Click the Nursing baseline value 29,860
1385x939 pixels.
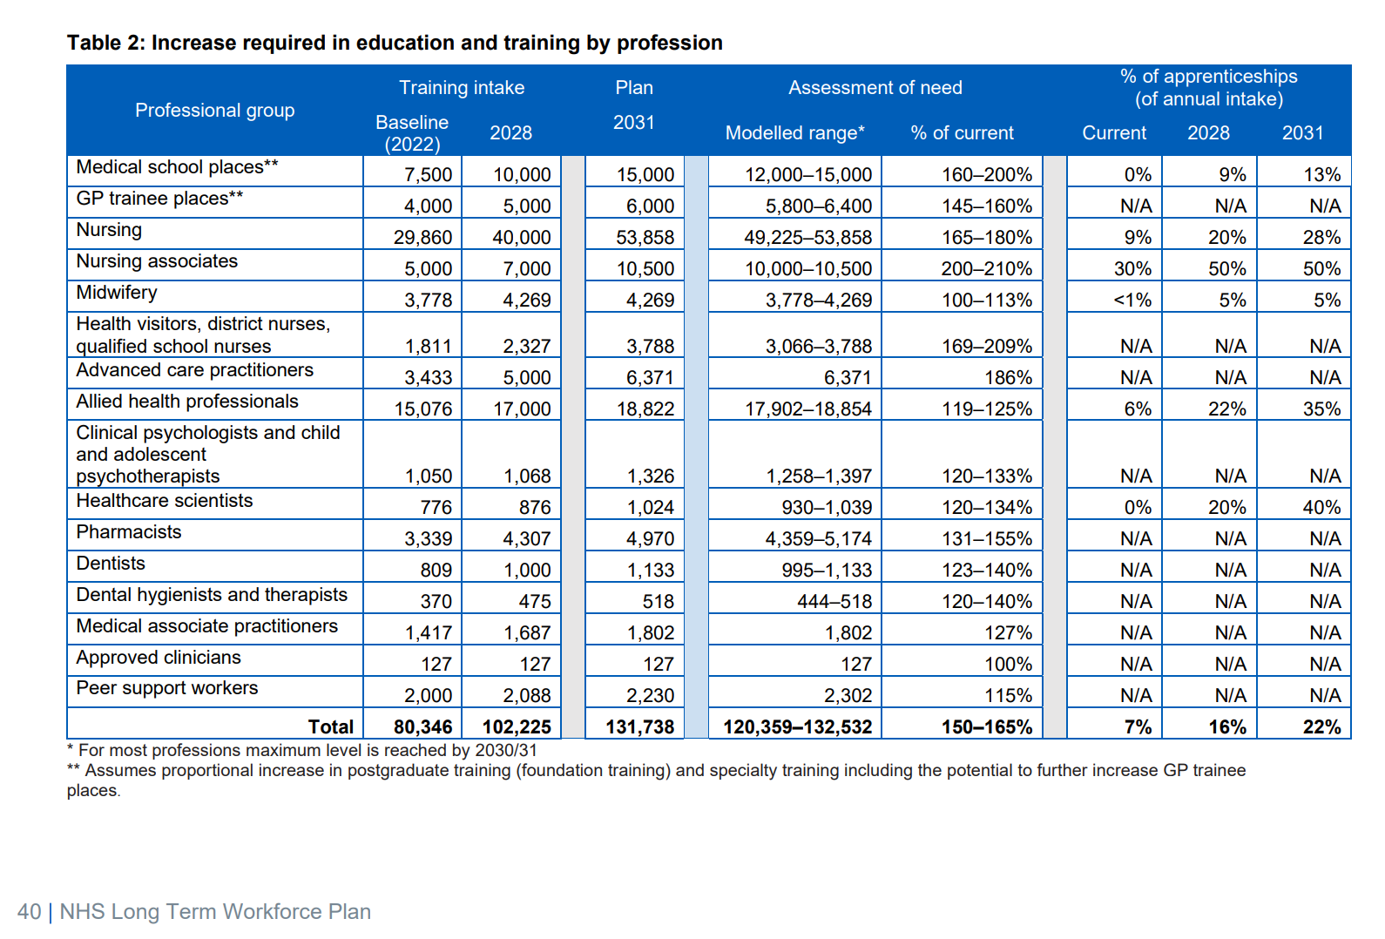(x=422, y=237)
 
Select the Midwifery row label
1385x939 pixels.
(x=117, y=293)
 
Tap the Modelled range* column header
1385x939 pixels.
(x=794, y=133)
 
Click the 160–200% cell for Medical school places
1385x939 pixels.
(x=986, y=175)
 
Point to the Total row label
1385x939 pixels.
(x=330, y=727)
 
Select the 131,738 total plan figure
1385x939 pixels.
(x=639, y=727)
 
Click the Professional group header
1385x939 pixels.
(x=214, y=111)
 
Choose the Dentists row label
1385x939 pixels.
(x=111, y=564)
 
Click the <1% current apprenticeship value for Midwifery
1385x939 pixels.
(x=1132, y=301)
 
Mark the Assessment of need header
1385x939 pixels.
(x=875, y=88)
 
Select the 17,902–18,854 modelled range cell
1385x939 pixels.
(x=807, y=409)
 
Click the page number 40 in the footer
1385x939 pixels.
(x=29, y=912)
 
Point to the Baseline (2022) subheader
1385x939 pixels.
(x=412, y=133)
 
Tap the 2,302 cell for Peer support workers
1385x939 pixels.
(x=848, y=696)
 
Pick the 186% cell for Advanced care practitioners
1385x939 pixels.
(x=1008, y=378)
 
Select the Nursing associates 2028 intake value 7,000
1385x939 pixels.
(x=526, y=269)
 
